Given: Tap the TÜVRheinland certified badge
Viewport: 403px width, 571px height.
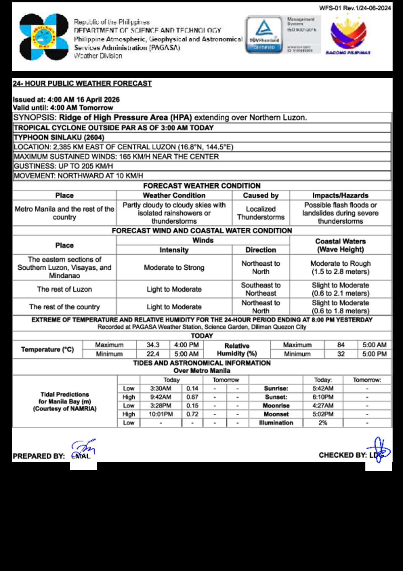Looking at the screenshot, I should (264, 35).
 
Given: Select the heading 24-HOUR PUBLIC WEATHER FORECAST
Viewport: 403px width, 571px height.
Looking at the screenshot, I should (82, 83).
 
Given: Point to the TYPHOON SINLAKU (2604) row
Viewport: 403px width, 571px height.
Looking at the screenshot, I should (59, 137).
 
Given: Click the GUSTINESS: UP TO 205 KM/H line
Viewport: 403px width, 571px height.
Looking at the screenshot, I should (63, 166).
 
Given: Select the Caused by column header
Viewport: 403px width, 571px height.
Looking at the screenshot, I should (261, 195).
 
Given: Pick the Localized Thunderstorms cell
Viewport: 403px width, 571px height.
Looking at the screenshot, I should (261, 213).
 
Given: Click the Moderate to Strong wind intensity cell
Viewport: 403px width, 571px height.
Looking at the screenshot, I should (174, 268).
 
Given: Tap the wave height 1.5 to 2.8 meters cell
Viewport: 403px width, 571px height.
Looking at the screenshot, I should (340, 268).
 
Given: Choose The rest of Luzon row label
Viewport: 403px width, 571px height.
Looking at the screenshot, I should (64, 289).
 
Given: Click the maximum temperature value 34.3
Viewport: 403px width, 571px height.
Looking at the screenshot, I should (153, 345).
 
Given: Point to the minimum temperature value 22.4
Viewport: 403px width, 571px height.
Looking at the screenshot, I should (153, 354).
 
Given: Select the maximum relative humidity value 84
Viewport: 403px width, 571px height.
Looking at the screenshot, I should (341, 345).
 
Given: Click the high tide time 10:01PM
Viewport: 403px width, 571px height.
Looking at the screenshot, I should (161, 414).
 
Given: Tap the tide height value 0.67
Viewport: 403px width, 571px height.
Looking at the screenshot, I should (192, 397).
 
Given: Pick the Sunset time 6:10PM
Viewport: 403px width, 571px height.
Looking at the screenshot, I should (323, 397).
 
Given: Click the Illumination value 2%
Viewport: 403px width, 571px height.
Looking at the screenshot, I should (323, 423).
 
